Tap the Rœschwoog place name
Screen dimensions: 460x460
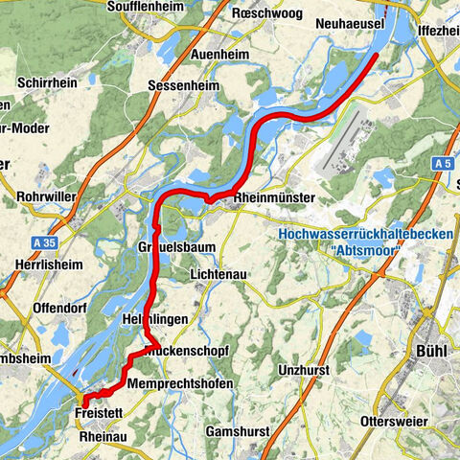point(268,13)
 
